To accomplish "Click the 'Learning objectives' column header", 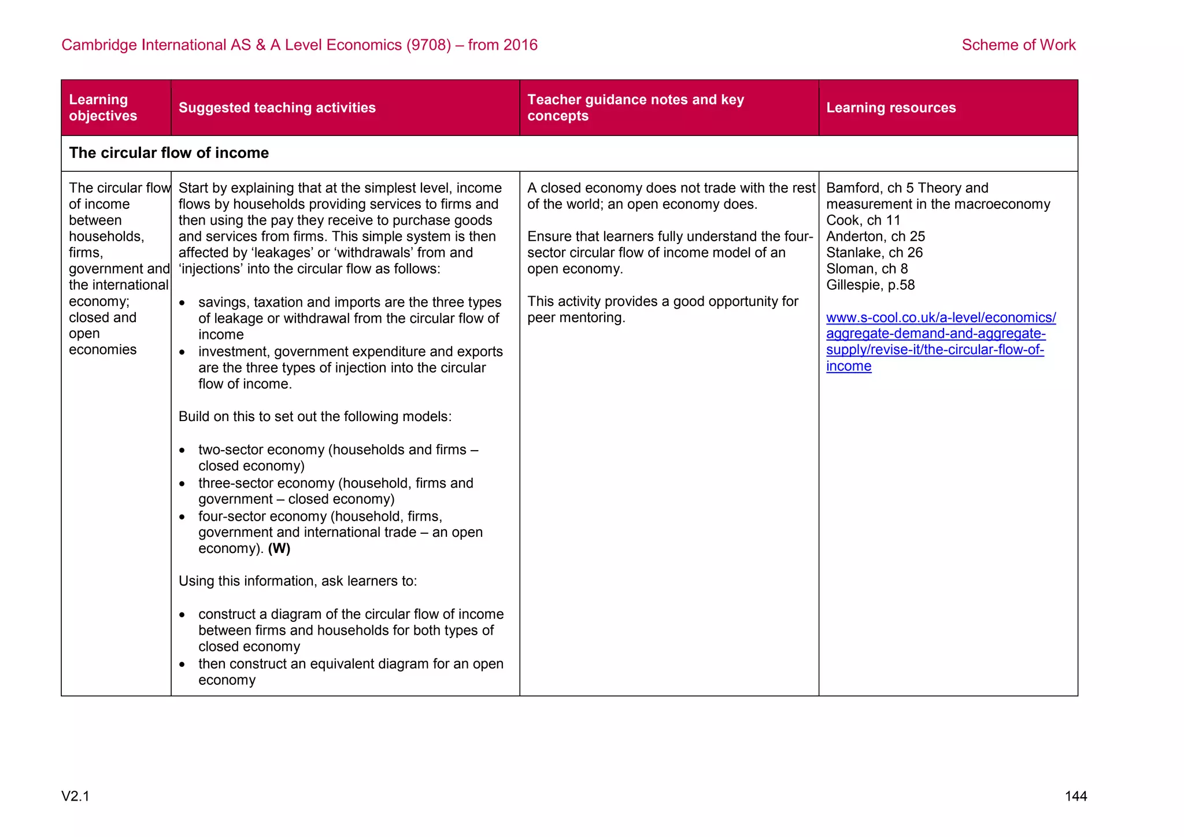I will (103, 108).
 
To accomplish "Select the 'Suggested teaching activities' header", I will (277, 108).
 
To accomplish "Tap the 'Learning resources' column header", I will (890, 108).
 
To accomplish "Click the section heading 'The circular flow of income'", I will (169, 153).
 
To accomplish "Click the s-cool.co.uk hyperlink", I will (940, 341).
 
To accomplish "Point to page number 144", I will (1075, 797).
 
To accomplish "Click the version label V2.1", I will (76, 797).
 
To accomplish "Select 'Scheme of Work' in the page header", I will (1018, 45).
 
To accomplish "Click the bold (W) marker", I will (279, 548).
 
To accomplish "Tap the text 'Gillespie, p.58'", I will (870, 285).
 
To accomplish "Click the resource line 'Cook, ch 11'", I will (863, 220).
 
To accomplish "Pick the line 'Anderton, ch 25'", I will (875, 237).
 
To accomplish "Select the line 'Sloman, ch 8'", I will (867, 269).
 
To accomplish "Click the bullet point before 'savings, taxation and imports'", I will (183, 303).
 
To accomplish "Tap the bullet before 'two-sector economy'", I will (183, 451).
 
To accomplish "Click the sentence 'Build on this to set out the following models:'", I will (315, 416).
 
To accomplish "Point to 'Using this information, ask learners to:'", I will (298, 581).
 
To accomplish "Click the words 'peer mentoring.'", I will (576, 318).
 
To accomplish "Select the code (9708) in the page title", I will (428, 45).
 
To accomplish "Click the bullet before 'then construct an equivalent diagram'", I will (183, 665).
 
